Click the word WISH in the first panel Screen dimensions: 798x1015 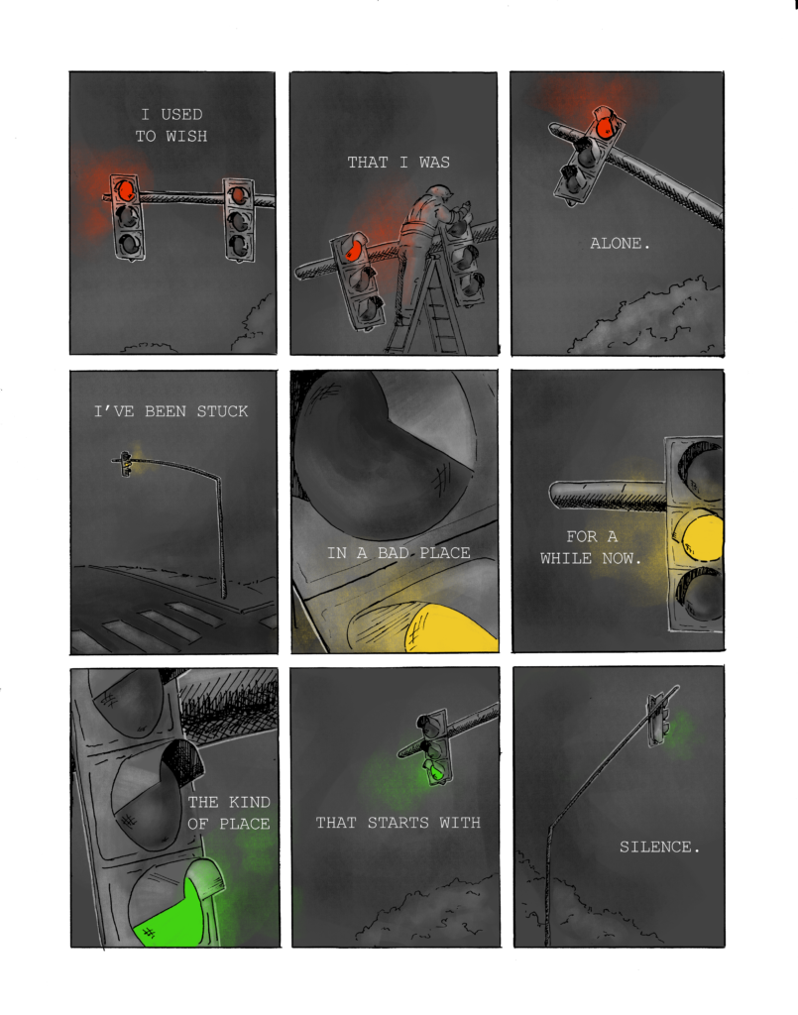186,136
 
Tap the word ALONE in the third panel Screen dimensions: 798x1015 617,244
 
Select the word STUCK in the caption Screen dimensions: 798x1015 222,411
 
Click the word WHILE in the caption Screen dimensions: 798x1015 566,558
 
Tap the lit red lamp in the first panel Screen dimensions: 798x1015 124,190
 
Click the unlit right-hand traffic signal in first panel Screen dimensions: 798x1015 239,219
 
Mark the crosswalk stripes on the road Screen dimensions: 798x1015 152,625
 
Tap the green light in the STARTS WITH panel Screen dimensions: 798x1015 435,771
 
